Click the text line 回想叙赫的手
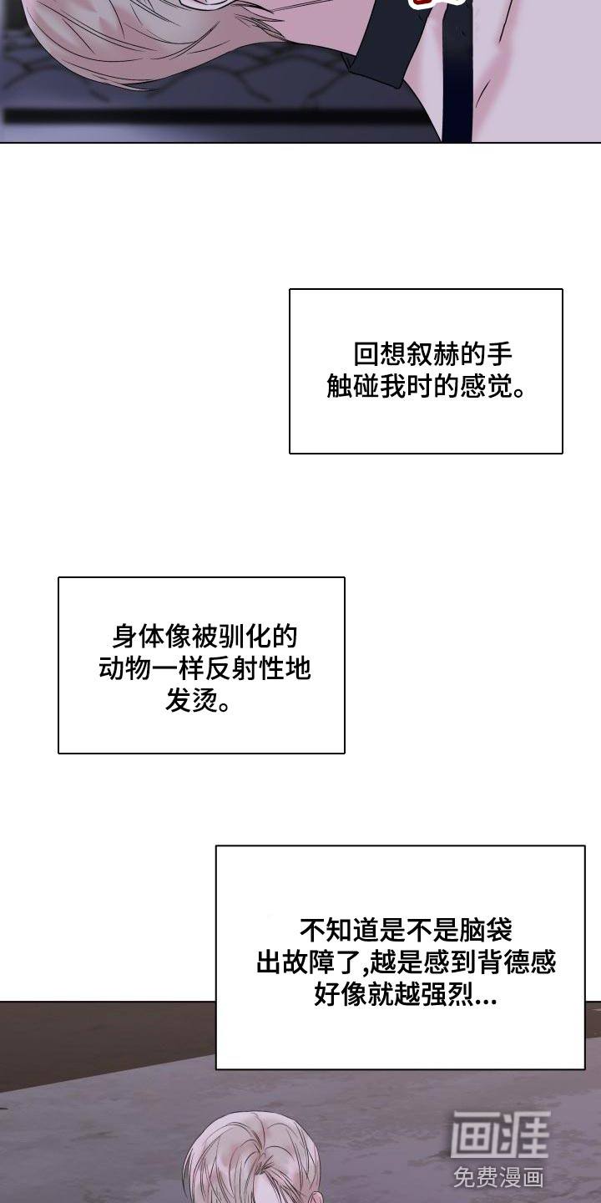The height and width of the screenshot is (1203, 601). point(433,354)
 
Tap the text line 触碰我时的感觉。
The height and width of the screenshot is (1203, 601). point(426,386)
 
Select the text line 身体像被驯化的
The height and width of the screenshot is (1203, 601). point(205,637)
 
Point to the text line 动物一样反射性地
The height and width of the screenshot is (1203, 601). point(205,668)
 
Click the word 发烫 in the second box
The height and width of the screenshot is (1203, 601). point(191,700)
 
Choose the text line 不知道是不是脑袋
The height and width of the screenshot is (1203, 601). point(407,930)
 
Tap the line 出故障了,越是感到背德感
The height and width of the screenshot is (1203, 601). point(407,962)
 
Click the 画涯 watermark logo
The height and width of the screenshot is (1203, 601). point(500,1134)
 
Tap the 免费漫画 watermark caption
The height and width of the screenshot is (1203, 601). point(499,1177)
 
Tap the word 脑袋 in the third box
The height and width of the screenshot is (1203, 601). point(486,930)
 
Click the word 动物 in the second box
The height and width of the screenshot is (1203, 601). point(124,668)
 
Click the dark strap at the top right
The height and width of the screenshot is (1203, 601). point(456,70)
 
